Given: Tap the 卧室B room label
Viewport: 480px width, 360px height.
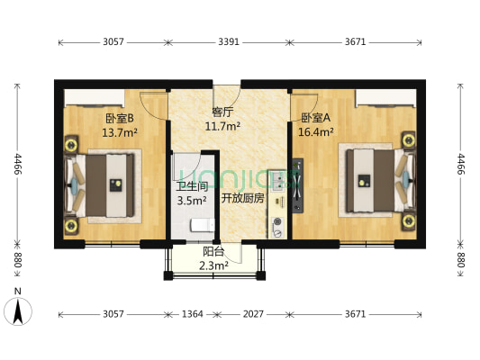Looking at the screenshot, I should coord(119,118).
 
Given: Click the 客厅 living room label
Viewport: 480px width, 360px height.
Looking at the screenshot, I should coord(222,112).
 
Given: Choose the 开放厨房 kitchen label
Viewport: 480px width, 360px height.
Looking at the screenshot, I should coord(242,199).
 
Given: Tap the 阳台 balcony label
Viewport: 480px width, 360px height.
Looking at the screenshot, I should coord(213,252).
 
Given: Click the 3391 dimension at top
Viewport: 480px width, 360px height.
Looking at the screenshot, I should coord(229,41).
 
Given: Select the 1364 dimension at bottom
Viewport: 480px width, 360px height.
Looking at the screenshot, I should coord(188,314).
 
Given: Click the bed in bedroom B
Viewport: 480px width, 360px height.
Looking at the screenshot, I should coord(101,185).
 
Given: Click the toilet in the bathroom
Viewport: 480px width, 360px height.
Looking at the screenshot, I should coord(202,224).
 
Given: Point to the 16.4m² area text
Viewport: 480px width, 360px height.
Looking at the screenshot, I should coord(314,132).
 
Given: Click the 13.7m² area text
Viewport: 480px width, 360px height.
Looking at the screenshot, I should coord(119,132).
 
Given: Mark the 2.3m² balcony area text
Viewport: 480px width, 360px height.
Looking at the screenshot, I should coord(213,265).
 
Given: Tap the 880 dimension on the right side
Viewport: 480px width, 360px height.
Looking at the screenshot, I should coord(461,261).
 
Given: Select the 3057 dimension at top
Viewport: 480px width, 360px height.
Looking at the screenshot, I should coord(113,41).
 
